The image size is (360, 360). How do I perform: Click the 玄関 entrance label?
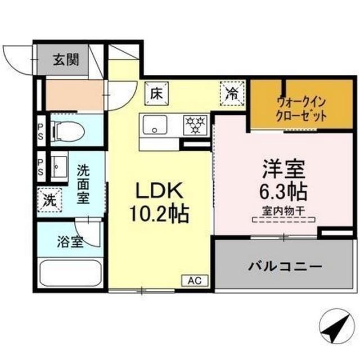click(66, 59)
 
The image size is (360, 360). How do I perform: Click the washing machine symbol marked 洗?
click(49, 199)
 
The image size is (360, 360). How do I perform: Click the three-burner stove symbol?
click(196, 124)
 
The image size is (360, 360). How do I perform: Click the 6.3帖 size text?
click(283, 193)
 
